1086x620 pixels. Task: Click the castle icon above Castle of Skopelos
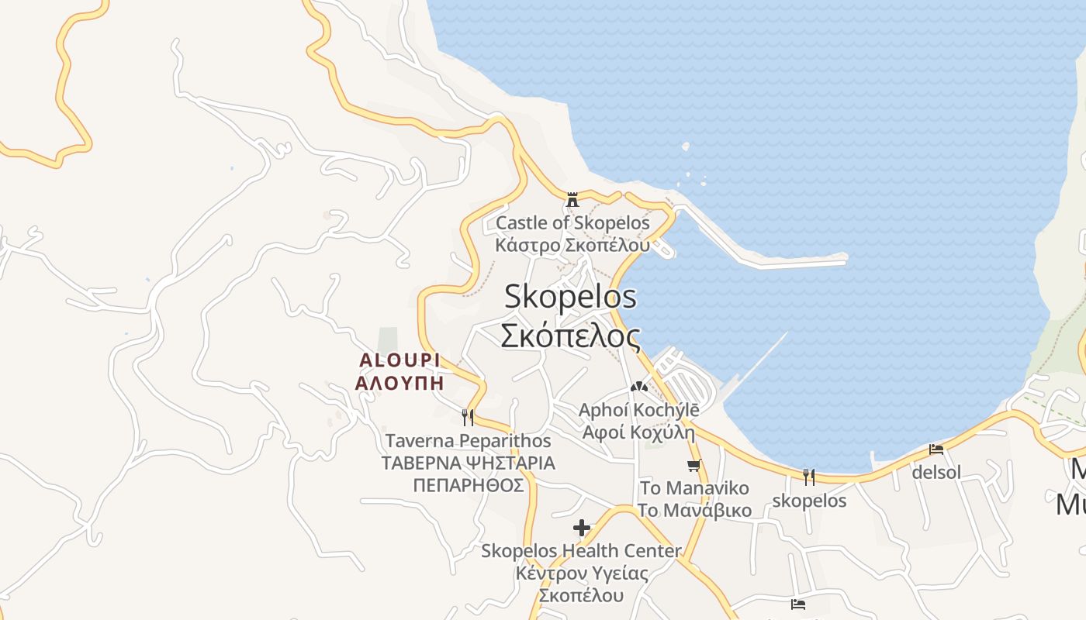pyautogui.click(x=572, y=200)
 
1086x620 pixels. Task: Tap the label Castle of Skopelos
pyautogui.click(x=572, y=223)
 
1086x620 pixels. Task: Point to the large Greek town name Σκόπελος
pyautogui.click(x=570, y=336)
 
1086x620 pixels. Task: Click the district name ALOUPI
pyautogui.click(x=399, y=360)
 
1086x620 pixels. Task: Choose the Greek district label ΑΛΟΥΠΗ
pyautogui.click(x=399, y=383)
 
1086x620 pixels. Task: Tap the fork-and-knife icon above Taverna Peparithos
pyautogui.click(x=468, y=418)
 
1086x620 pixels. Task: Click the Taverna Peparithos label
pyautogui.click(x=469, y=441)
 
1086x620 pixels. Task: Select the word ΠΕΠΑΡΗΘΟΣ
pyautogui.click(x=469, y=486)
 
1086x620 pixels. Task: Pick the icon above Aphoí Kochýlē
pyautogui.click(x=638, y=387)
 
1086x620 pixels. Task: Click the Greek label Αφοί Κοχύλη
pyautogui.click(x=638, y=432)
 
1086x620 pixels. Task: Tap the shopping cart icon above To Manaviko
pyautogui.click(x=694, y=466)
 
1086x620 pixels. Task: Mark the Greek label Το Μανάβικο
pyautogui.click(x=694, y=511)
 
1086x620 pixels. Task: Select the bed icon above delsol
pyautogui.click(x=936, y=449)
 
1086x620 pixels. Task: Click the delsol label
pyautogui.click(x=936, y=472)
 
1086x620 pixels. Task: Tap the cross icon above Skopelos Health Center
pyautogui.click(x=582, y=529)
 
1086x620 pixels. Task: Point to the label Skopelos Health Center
pyautogui.click(x=582, y=551)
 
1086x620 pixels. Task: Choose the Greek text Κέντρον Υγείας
pyautogui.click(x=582, y=573)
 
